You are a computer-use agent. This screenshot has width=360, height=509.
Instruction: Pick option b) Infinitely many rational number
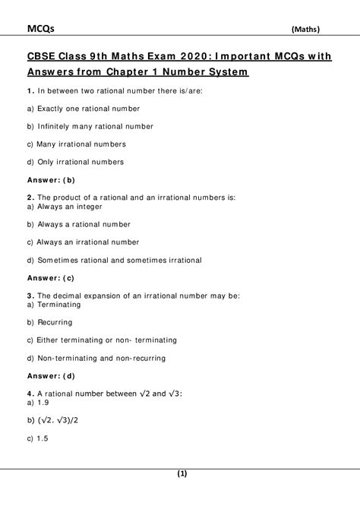(x=89, y=127)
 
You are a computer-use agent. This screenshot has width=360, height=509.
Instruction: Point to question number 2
(x=28, y=198)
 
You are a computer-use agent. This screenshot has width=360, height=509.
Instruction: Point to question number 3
(x=28, y=295)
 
